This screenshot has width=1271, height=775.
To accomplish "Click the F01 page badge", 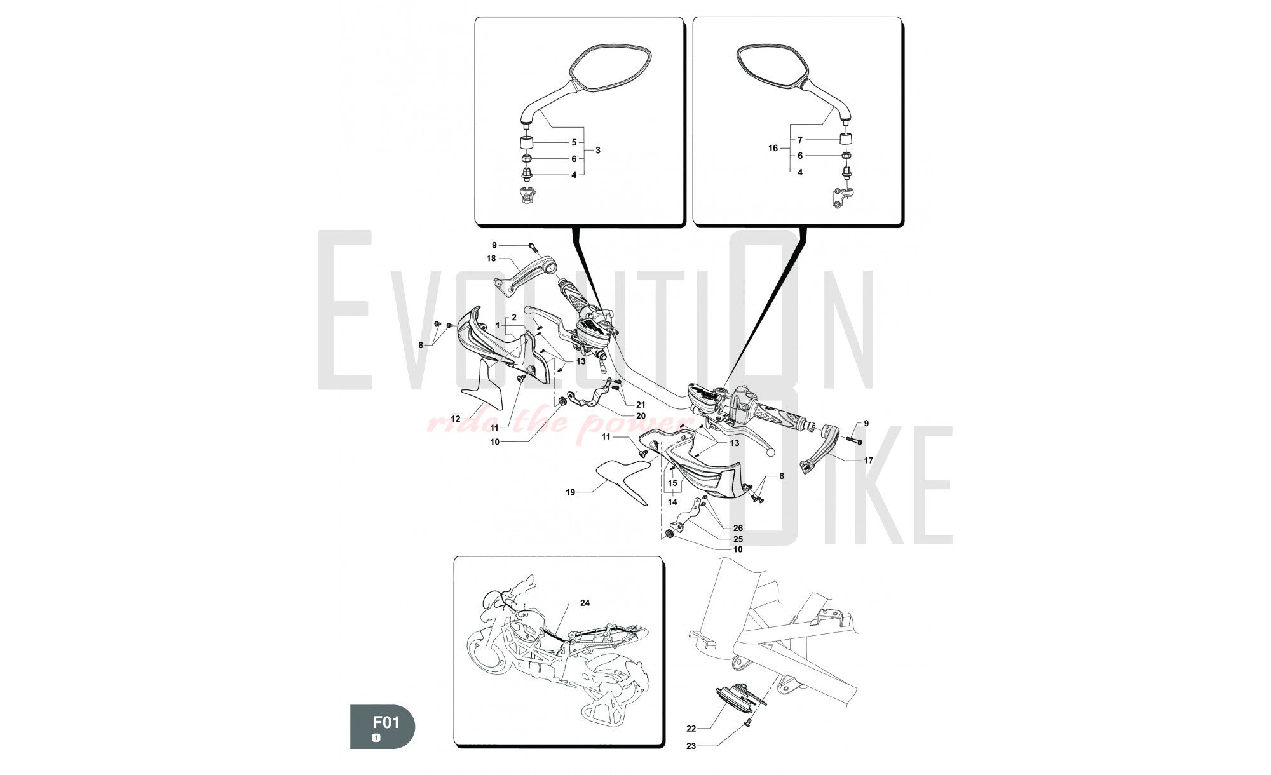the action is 382,727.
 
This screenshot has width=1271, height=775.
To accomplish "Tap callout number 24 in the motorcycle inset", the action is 585,603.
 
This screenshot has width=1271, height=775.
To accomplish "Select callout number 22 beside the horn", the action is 691,729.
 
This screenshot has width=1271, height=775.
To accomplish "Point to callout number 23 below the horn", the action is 691,746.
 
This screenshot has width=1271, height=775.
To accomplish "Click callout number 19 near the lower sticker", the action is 571,492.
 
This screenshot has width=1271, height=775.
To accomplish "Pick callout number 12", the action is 455,419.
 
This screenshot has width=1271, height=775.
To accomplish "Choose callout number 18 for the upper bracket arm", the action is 491,259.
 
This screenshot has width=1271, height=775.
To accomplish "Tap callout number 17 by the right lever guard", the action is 868,460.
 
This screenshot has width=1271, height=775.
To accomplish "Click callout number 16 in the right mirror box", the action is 773,148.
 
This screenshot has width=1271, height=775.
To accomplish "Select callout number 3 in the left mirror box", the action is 597,151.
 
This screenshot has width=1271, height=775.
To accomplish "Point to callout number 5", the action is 574,143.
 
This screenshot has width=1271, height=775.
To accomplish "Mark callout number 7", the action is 800,140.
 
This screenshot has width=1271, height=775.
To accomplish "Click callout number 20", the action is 641,416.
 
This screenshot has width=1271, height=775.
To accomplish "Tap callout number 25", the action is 738,539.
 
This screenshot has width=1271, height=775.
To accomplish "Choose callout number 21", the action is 641,405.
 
